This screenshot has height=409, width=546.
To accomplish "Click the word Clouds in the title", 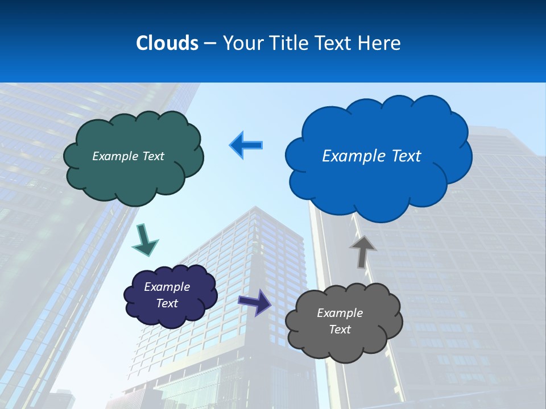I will tap(167, 43).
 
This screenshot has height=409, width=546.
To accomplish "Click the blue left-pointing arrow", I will tap(246, 145).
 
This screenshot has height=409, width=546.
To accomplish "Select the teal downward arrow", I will tap(145, 240).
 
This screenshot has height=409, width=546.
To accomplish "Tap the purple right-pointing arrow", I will tap(255, 302).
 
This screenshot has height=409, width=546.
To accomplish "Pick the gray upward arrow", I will tap(362, 251).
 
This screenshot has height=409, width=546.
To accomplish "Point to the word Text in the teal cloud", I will tap(152, 156).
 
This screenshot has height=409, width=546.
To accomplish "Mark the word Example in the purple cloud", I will tap(167, 287).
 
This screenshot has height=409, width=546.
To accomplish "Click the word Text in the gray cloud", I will tap(340, 329).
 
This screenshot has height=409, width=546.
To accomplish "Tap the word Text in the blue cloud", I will tap(406, 156).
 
